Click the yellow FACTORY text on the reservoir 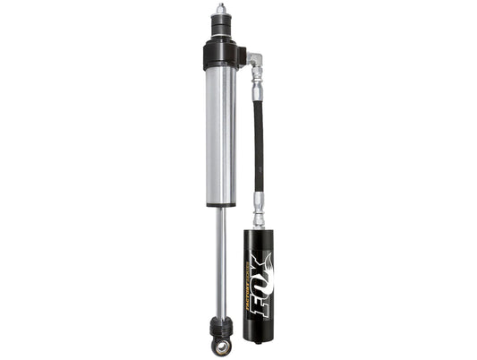click(254, 279)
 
